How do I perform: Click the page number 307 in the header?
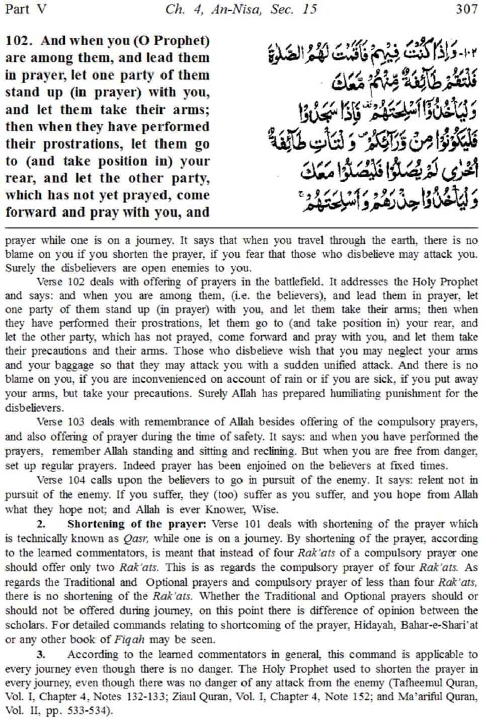click(466, 9)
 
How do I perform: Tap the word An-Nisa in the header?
click(241, 9)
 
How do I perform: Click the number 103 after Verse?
click(75, 422)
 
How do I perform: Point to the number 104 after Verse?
click(75, 480)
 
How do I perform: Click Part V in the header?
click(25, 9)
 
